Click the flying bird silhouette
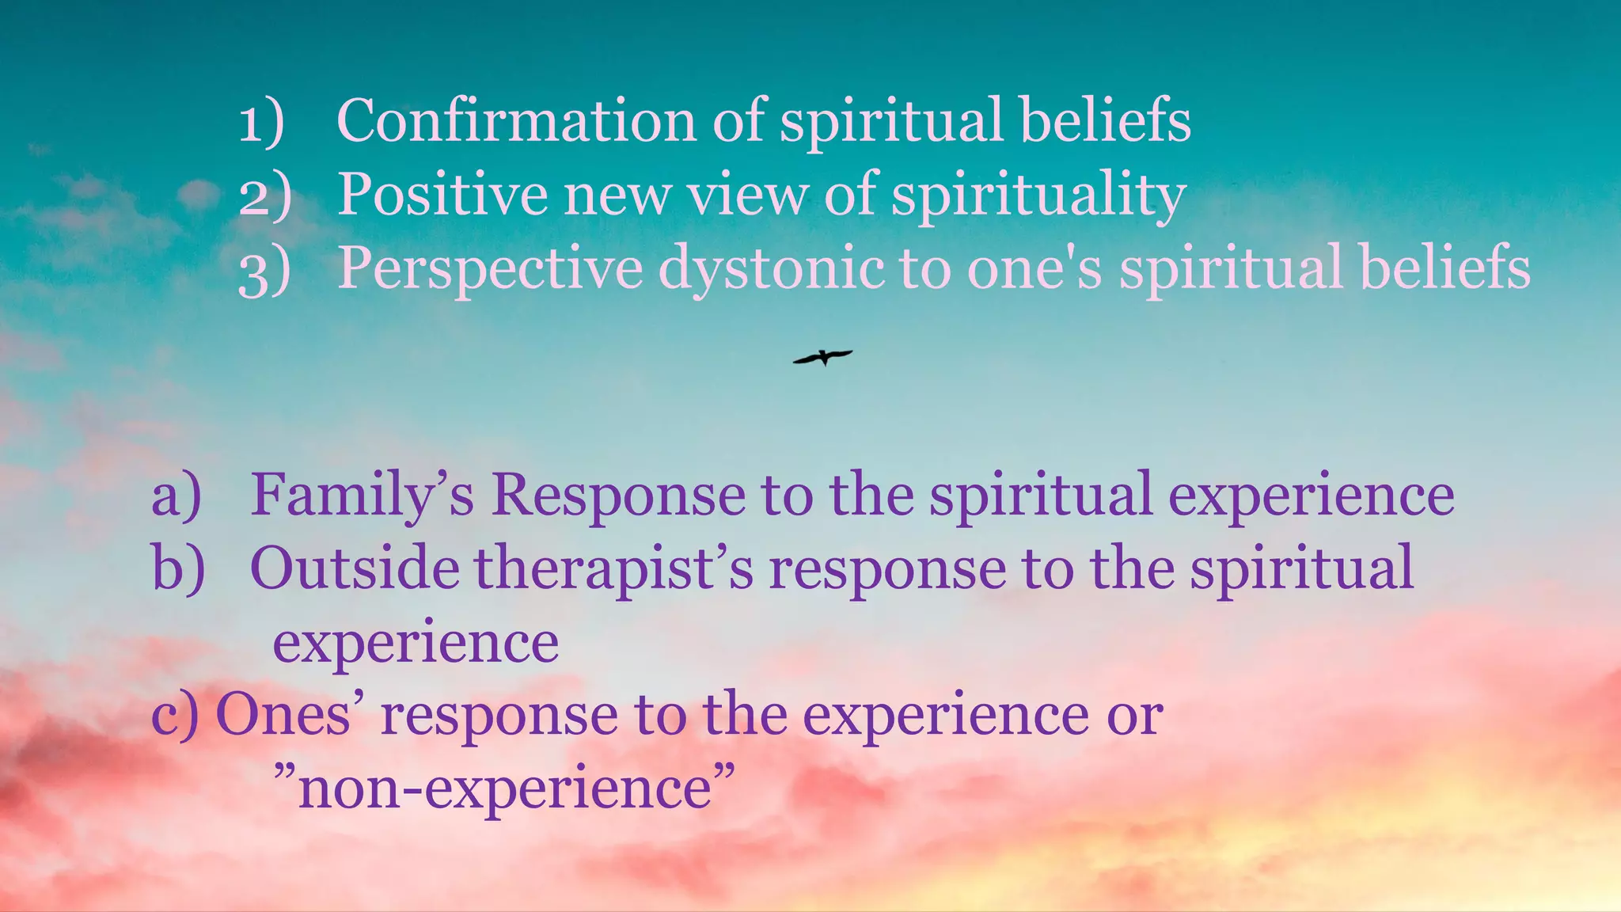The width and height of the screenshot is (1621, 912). click(x=823, y=357)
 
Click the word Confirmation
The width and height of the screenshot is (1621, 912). click(x=516, y=120)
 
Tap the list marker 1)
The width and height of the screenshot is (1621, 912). click(x=261, y=123)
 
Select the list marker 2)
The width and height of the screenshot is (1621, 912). click(x=264, y=196)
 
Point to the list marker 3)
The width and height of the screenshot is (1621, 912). click(x=264, y=271)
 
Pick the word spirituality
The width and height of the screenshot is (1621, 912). click(x=1038, y=196)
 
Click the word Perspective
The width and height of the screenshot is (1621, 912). click(x=490, y=269)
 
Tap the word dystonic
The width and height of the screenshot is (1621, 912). click(x=771, y=269)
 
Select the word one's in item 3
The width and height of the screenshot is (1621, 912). click(x=1034, y=269)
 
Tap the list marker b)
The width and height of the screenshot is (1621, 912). click(x=178, y=568)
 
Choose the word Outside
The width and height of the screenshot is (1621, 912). click(x=354, y=568)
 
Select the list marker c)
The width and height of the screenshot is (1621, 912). click(x=174, y=716)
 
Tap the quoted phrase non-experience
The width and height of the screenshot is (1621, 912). click(x=504, y=788)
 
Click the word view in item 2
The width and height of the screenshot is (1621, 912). click(x=747, y=195)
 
